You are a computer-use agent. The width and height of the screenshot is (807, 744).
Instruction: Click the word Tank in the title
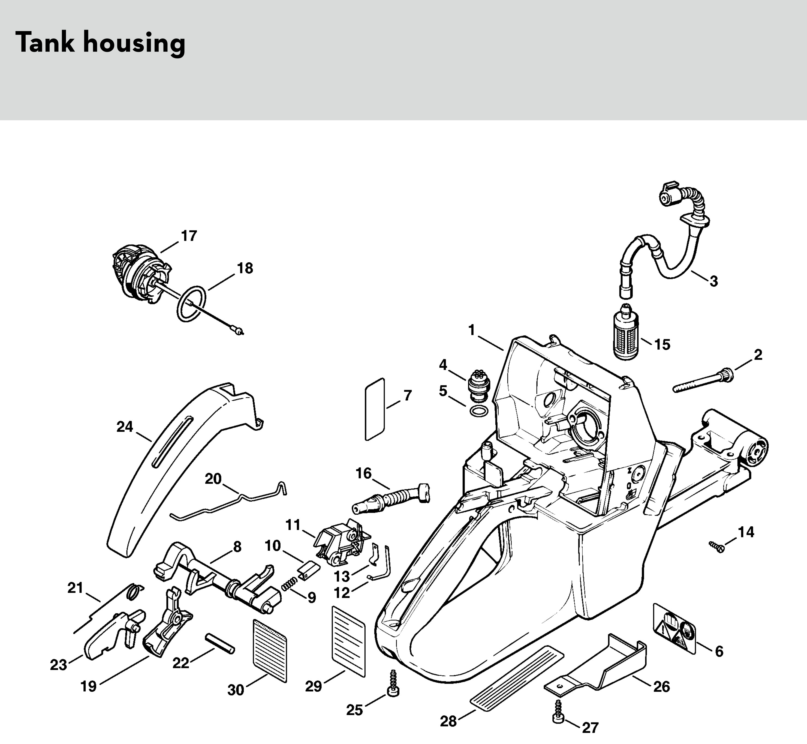point(45,43)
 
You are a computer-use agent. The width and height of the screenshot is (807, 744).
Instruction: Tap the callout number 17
point(189,236)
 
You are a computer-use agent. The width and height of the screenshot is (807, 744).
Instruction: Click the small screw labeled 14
point(717,546)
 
